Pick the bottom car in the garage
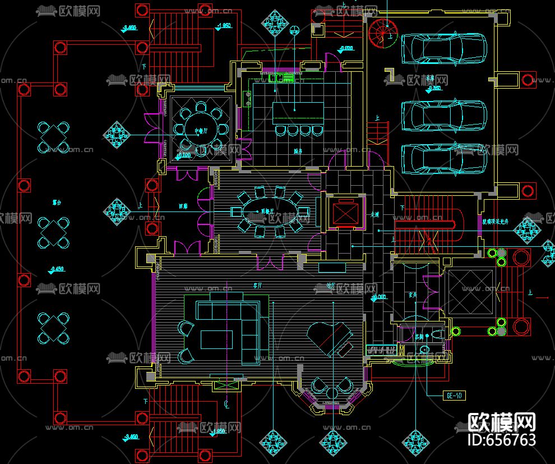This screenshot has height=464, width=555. [443, 158]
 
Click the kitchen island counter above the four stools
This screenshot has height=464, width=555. [298, 113]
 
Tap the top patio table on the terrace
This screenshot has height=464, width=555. [53, 137]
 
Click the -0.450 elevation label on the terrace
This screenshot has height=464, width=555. [56, 269]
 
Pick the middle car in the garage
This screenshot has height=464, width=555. [443, 116]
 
